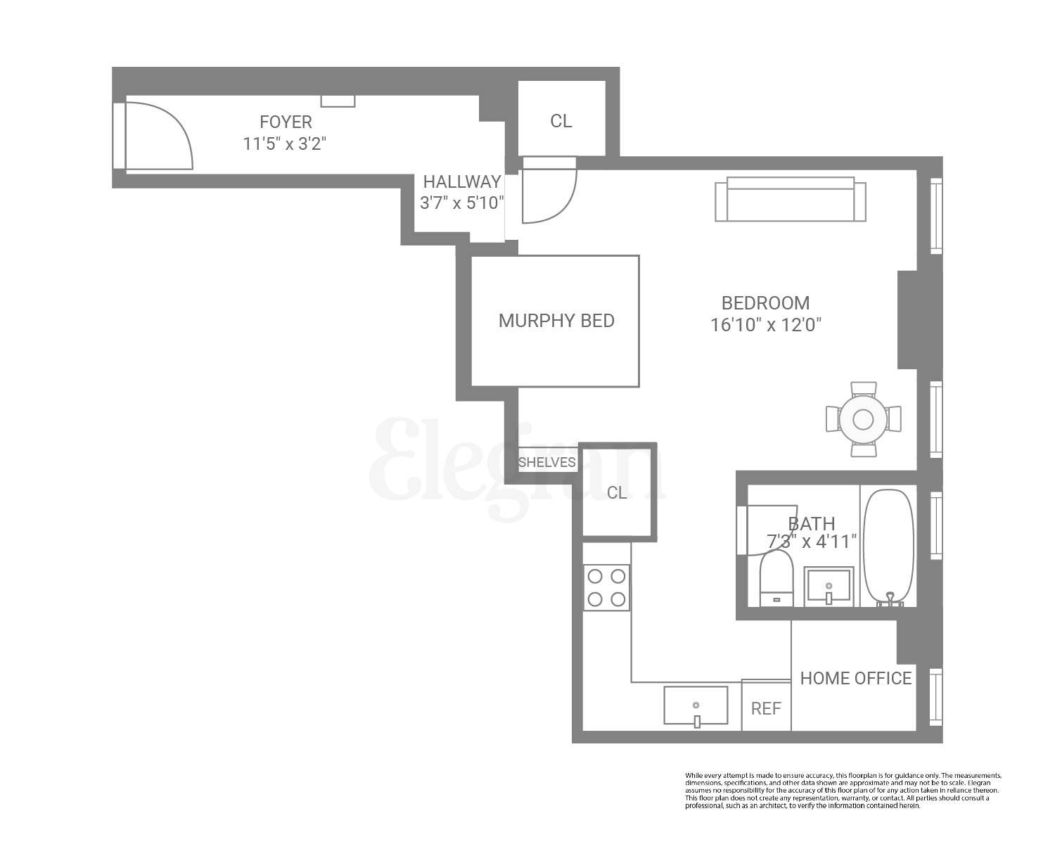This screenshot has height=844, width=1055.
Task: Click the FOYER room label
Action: [286, 122]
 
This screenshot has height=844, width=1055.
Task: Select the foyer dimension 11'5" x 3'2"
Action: [285, 144]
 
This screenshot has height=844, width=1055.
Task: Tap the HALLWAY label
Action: [461, 181]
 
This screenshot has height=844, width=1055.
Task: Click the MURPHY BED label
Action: [556, 321]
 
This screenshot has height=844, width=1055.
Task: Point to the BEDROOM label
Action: [765, 303]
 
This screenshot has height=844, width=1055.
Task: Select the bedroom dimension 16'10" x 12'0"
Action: [766, 325]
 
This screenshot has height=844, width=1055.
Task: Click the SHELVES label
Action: [546, 463]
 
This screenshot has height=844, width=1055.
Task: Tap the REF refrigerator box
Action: [766, 708]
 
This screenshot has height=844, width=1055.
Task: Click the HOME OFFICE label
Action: [856, 678]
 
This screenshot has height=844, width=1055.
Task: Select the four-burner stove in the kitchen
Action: [606, 587]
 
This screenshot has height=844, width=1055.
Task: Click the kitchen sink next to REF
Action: [696, 706]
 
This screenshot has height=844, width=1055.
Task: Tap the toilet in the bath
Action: [776, 578]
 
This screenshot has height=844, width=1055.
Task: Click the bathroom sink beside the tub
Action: [829, 586]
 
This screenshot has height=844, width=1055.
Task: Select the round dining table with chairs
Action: [863, 419]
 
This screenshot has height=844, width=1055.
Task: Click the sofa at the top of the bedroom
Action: [791, 199]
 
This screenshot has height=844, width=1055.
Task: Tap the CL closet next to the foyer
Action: [561, 120]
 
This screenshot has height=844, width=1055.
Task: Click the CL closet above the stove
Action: [617, 492]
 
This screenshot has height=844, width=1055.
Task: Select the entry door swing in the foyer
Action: [158, 136]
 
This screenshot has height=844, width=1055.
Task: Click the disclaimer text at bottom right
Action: [843, 790]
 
